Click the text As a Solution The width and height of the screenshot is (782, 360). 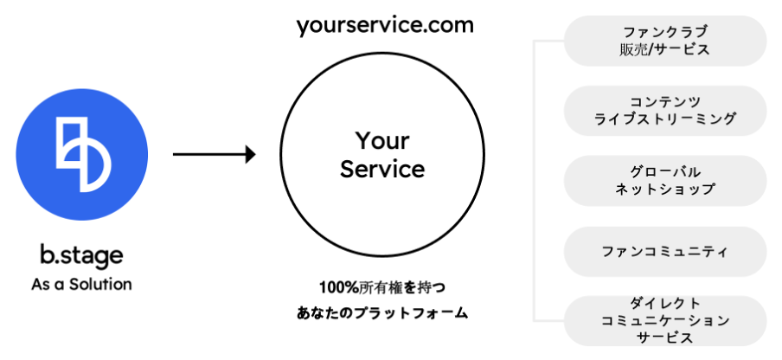81,283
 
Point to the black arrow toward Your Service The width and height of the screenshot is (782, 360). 212,155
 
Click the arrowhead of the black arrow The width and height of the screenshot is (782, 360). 250,155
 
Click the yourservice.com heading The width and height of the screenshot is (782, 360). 384,24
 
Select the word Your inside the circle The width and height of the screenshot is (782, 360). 382,140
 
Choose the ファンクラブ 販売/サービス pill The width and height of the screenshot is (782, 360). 665,41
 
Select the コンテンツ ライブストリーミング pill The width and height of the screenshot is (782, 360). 665,110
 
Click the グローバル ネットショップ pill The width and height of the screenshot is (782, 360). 665,180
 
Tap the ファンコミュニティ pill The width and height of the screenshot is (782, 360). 665,252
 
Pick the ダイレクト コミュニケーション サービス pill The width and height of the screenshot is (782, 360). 665,320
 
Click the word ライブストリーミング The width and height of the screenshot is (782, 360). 665,119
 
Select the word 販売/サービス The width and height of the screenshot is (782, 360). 665,50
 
